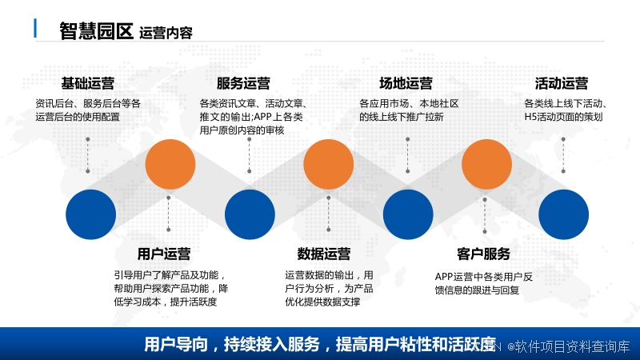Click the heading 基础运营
[87, 83]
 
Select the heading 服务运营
[243, 83]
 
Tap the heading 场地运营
[406, 83]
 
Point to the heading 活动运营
[562, 83]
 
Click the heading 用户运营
[164, 254]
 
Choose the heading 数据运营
[324, 254]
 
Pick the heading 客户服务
[483, 254]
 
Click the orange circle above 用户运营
[170, 163]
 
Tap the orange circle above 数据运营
[329, 163]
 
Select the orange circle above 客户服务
[487, 163]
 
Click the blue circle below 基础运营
[90, 214]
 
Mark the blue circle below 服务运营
[250, 214]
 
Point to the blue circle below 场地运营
[408, 214]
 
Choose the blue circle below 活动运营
[564, 214]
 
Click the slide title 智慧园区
[95, 31]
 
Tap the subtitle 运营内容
[166, 34]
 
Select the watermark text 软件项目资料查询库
[572, 346]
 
